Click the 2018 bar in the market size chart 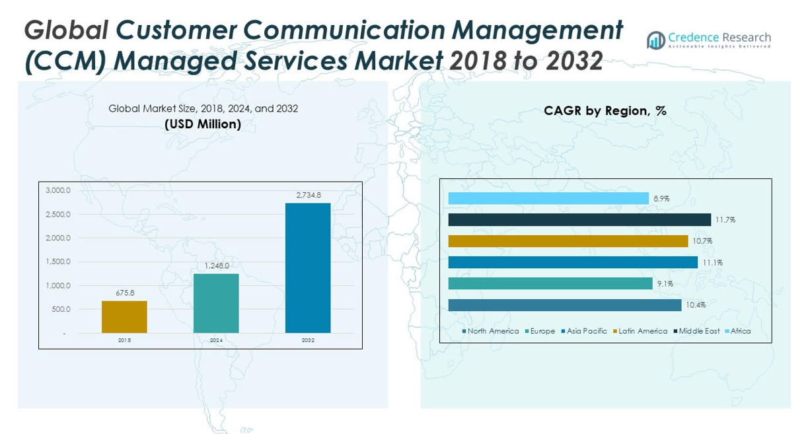(x=124, y=317)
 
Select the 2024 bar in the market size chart (x=216, y=303)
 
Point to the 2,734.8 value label (x=308, y=195)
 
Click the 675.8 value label (x=124, y=293)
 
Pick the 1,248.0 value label (x=216, y=266)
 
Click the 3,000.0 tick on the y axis (x=58, y=190)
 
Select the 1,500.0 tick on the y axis (x=58, y=262)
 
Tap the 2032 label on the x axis (x=308, y=340)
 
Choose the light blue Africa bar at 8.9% (x=548, y=198)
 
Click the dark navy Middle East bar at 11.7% (x=579, y=220)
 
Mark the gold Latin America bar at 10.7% (x=568, y=241)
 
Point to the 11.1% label (x=712, y=262)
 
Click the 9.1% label (x=665, y=284)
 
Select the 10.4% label (x=695, y=305)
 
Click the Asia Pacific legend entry (x=584, y=331)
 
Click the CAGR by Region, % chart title (x=605, y=111)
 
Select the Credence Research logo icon (x=656, y=40)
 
